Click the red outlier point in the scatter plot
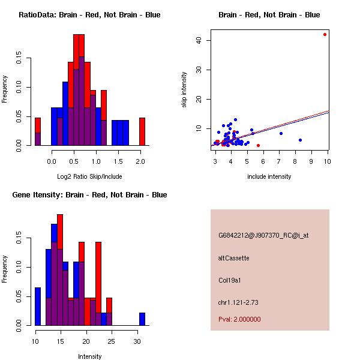coord(325,34)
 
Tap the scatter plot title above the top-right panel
coord(269,15)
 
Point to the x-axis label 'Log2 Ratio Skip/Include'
coord(89,176)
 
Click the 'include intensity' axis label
coord(269,176)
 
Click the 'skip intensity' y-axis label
coord(185,90)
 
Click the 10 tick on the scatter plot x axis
coord(328,161)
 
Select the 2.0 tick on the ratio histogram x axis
coord(140,161)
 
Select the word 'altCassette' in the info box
coord(233,258)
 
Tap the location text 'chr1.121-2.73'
coord(238,302)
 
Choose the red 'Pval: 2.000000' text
coord(239,319)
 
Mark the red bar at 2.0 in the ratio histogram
coord(142,131)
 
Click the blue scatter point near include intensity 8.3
coord(300,140)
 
